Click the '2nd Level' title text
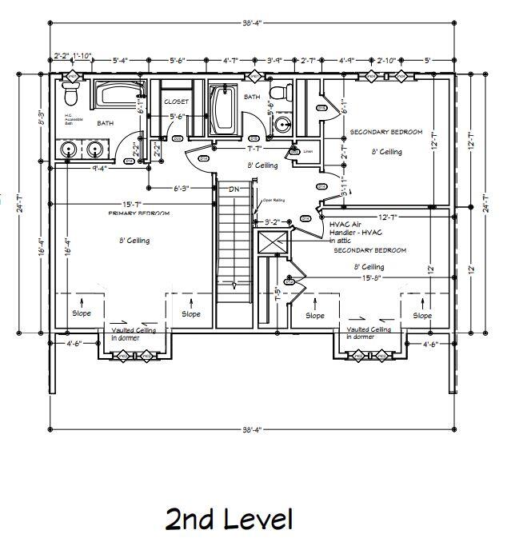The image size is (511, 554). [x=229, y=520]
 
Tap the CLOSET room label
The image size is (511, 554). [x=176, y=102]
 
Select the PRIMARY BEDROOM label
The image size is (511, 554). [x=139, y=214]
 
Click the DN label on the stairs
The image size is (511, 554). [x=234, y=189]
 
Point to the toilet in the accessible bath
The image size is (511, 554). [x=70, y=96]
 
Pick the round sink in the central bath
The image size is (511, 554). [x=283, y=125]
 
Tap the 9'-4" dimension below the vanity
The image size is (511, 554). [x=100, y=169]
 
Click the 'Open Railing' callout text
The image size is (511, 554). [x=273, y=201]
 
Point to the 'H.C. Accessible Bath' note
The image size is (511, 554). [x=72, y=119]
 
